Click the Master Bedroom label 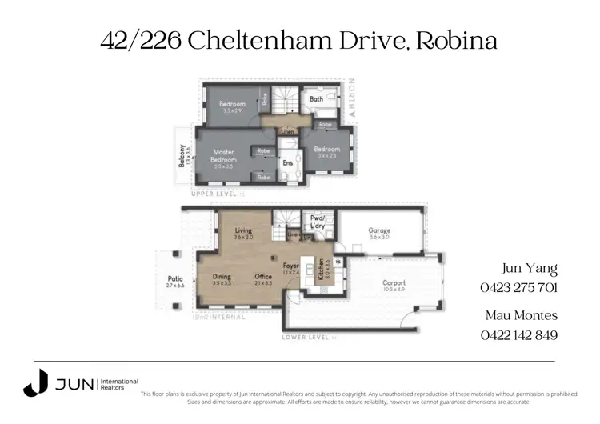[x=224, y=155]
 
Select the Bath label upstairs [x=316, y=100]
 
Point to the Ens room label [x=287, y=162]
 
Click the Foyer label [x=291, y=266]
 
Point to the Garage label [x=378, y=230]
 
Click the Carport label [x=394, y=282]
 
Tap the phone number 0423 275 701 [x=518, y=288]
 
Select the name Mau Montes [x=521, y=315]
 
